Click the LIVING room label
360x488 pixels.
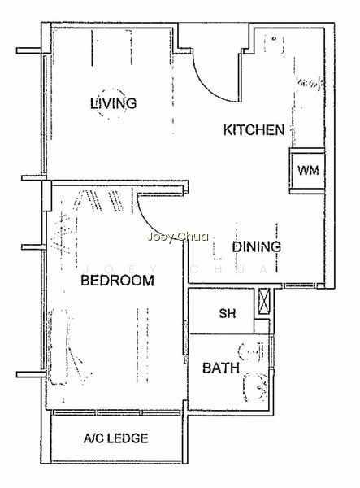click(114, 103)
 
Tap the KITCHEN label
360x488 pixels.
click(254, 130)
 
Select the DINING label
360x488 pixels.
click(257, 246)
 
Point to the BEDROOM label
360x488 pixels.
click(117, 281)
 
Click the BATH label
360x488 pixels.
click(221, 368)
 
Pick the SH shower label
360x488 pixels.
click(228, 313)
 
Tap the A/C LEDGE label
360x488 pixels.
click(115, 438)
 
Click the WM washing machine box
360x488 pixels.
click(307, 171)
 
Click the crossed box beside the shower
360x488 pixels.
click(263, 301)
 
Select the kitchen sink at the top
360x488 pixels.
click(274, 44)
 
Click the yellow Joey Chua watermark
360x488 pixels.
click(178, 237)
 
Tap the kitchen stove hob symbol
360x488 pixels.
click(309, 82)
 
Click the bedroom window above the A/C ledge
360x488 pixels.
click(116, 412)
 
